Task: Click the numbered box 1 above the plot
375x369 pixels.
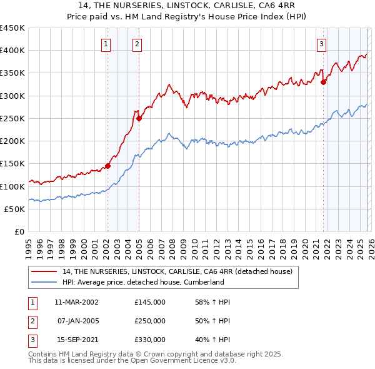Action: [106, 44]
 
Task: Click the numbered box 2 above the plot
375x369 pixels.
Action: [137, 44]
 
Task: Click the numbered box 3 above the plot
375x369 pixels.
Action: [321, 44]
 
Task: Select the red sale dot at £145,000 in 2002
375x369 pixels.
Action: [107, 166]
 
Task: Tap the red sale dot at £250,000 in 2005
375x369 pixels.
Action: [139, 118]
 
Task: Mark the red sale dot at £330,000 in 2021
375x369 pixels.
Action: [324, 82]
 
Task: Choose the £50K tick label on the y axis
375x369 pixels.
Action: [15, 209]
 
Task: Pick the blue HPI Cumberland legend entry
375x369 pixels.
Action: [143, 282]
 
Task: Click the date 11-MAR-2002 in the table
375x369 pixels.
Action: [76, 302]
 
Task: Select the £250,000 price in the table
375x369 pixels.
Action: [150, 321]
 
